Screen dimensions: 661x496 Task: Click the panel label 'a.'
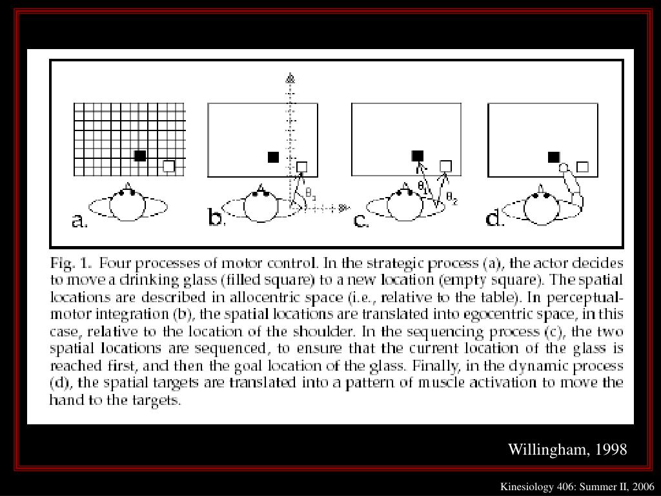point(79,221)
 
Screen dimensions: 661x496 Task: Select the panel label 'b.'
point(216,220)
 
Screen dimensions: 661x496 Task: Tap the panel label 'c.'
point(361,221)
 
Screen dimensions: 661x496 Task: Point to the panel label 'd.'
point(495,220)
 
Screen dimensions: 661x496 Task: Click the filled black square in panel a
point(140,156)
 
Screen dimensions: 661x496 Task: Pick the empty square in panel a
point(168,166)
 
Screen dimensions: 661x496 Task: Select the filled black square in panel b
point(273,157)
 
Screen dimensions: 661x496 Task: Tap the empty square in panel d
point(582,167)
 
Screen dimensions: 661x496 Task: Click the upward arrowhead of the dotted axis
point(290,79)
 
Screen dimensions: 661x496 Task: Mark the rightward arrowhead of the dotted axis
point(343,207)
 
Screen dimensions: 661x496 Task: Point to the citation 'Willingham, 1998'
point(567,449)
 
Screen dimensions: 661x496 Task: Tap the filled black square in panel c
point(418,156)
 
